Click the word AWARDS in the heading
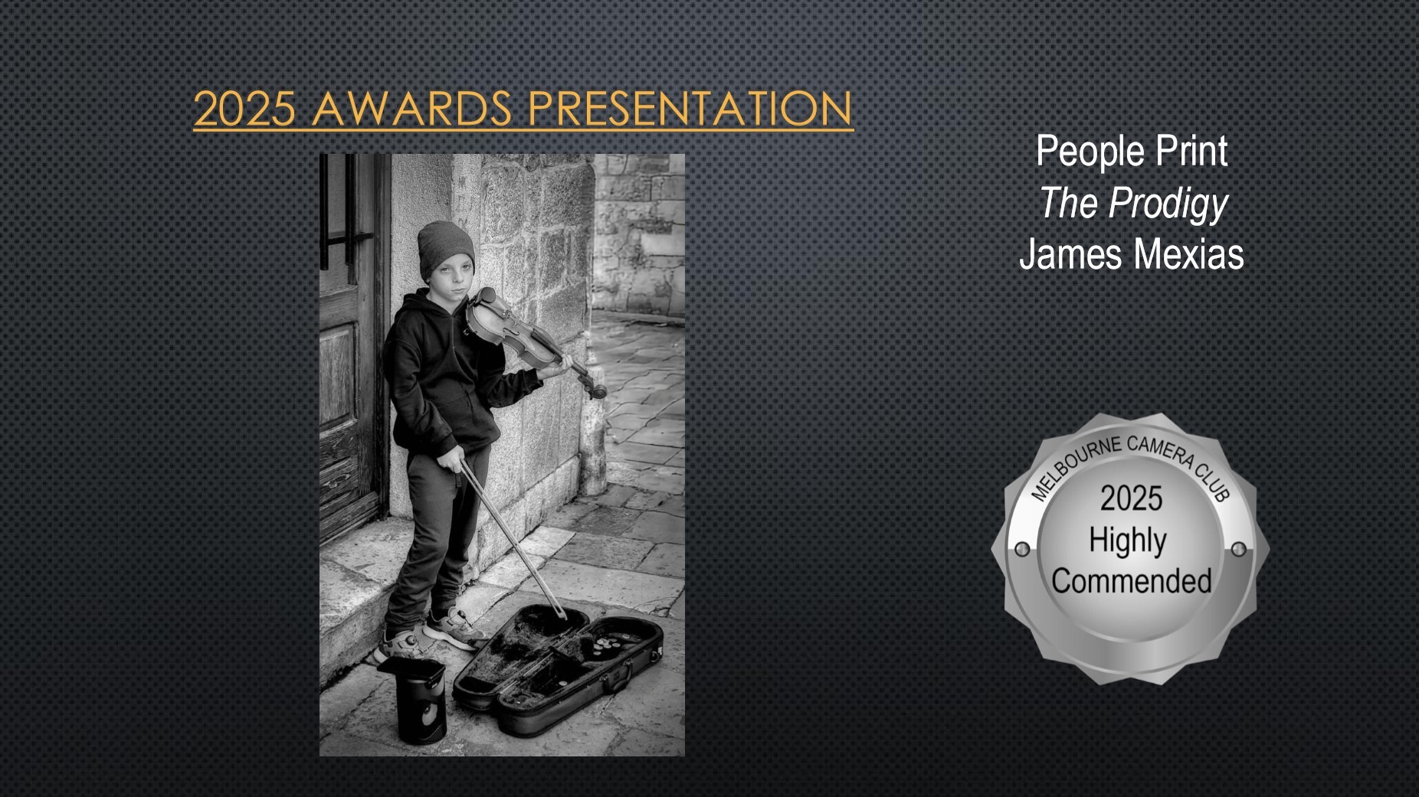pos(412,108)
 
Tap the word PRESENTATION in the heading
pos(690,108)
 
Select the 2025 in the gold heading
pos(244,108)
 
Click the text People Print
pos(1132,152)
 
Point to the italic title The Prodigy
pos(1133,204)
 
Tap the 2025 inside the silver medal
pos(1132,498)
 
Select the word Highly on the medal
pos(1128,541)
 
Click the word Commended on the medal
pos(1132,581)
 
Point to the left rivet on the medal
pos(1021,549)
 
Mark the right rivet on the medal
pos(1238,549)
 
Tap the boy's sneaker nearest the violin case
pos(453,627)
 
